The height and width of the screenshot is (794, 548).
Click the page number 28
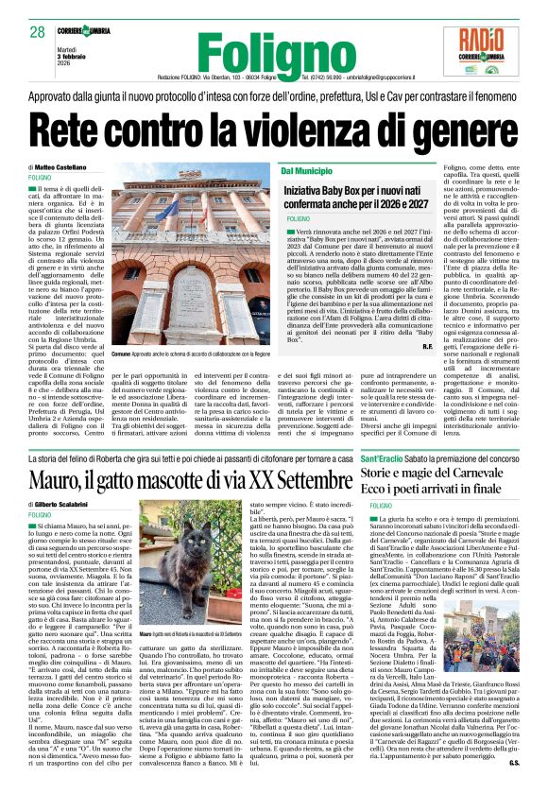38,32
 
